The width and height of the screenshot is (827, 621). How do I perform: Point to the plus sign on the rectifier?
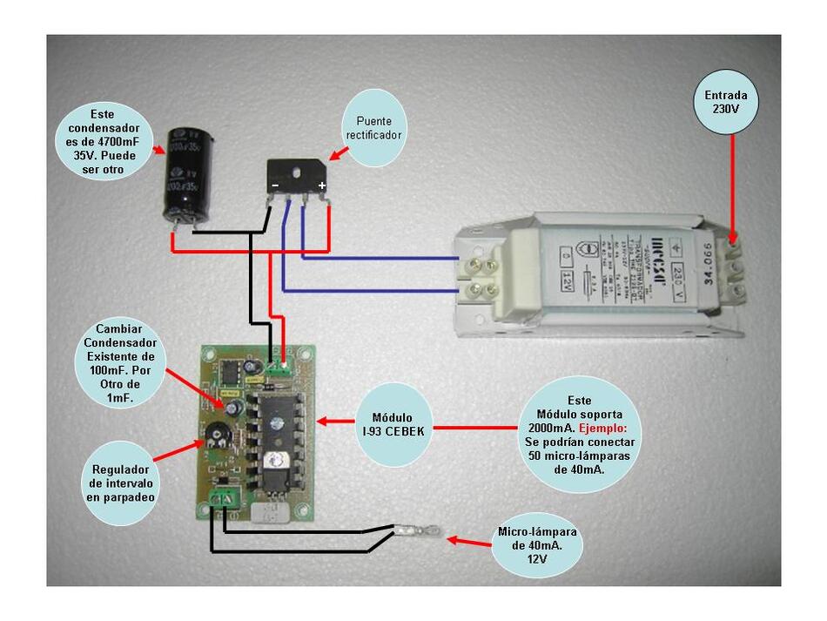click(x=321, y=186)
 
